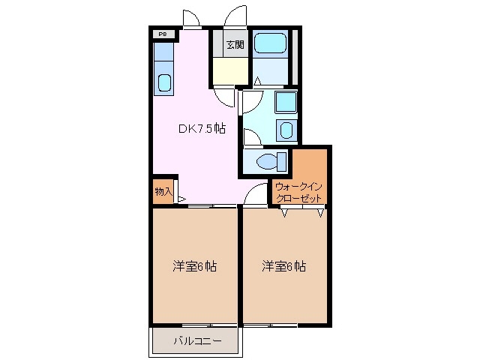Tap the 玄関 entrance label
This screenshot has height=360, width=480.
coord(235,44)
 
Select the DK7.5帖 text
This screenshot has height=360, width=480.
coord(202,128)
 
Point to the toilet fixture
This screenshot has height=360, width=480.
coord(269,160)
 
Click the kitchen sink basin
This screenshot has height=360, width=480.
coord(163,82)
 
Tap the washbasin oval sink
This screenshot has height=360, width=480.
coord(286,130)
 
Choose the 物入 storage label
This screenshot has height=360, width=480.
coord(163,192)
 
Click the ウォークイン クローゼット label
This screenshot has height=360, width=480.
coord(298,192)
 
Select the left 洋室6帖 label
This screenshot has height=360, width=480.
coord(195,265)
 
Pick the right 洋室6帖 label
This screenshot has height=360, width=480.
coord(284,265)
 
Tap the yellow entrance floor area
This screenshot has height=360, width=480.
coord(230,72)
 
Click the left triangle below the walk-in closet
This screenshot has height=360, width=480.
coord(284,212)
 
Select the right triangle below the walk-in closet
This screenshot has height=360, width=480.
coord(320,212)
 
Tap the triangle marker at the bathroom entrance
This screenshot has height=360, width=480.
coord(257,80)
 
